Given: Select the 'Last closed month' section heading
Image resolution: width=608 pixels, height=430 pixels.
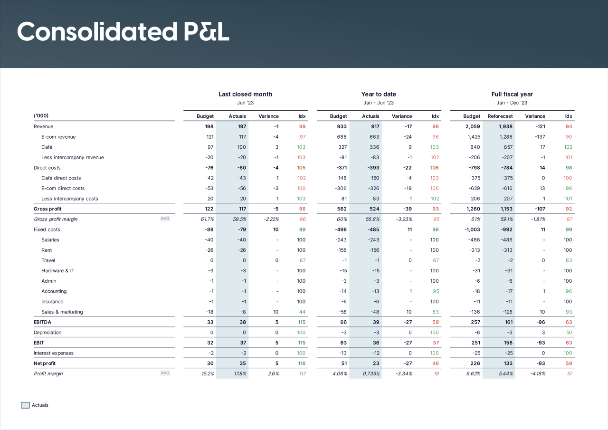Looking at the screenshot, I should [245, 94].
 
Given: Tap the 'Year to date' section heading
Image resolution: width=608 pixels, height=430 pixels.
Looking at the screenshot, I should [379, 94].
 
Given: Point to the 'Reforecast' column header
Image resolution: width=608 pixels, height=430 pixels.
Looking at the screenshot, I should [500, 116].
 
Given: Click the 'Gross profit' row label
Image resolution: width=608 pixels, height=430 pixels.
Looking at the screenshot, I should [47, 209].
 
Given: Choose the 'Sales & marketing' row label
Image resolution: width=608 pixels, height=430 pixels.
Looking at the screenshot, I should [62, 312].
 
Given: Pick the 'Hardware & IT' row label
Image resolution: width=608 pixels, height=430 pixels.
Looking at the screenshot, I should [57, 271].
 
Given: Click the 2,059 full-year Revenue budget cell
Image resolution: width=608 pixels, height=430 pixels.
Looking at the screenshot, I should [472, 127].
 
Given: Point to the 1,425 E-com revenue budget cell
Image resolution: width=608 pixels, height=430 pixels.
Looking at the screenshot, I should [472, 137].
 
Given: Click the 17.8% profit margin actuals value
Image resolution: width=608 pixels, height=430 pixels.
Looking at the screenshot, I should [238, 374].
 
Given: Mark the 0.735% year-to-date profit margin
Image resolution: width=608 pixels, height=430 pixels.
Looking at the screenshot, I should [370, 374].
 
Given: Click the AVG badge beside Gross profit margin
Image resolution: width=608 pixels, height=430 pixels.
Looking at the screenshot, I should [165, 219].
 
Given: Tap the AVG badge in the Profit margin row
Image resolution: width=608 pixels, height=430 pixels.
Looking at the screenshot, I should [165, 373].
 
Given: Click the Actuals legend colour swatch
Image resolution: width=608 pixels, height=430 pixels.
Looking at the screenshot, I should [25, 405].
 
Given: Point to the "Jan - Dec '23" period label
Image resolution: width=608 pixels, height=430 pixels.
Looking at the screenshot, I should [512, 103].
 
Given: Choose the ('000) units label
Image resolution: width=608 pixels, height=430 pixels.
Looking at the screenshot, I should [41, 116].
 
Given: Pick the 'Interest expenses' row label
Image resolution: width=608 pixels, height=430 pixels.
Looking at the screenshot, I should [54, 353].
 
